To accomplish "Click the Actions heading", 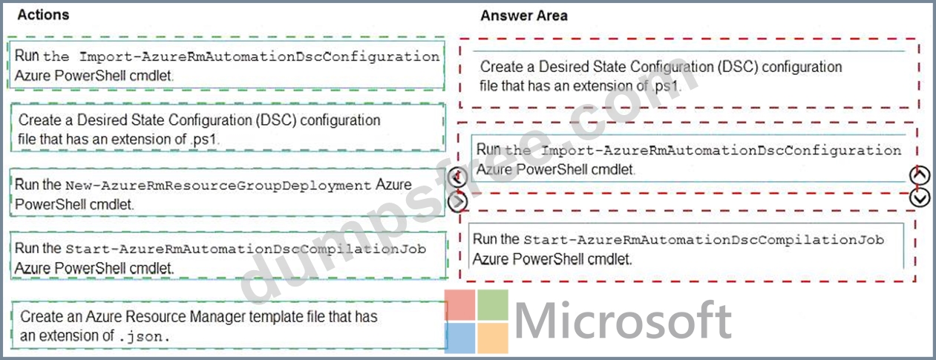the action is [x=43, y=15].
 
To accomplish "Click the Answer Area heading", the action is [x=523, y=16].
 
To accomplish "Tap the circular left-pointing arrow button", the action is [x=457, y=178].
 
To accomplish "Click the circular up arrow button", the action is [x=920, y=175].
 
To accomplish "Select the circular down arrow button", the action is [x=920, y=198].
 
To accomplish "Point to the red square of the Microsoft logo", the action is [x=459, y=305].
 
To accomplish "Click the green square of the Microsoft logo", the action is [x=493, y=305].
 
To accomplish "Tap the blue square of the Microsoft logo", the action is [x=459, y=338].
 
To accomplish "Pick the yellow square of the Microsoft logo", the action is [x=493, y=338].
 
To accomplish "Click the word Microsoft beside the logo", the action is [x=623, y=321].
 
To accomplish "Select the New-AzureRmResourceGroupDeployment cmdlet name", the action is [x=218, y=186].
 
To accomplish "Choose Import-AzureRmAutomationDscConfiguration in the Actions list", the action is [x=259, y=57].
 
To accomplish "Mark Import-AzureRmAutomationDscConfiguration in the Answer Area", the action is [x=721, y=151].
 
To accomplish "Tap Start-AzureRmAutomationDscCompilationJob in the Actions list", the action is [x=246, y=249].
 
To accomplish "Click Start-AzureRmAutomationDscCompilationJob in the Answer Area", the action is [x=704, y=240].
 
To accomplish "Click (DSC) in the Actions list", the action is [x=276, y=120].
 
